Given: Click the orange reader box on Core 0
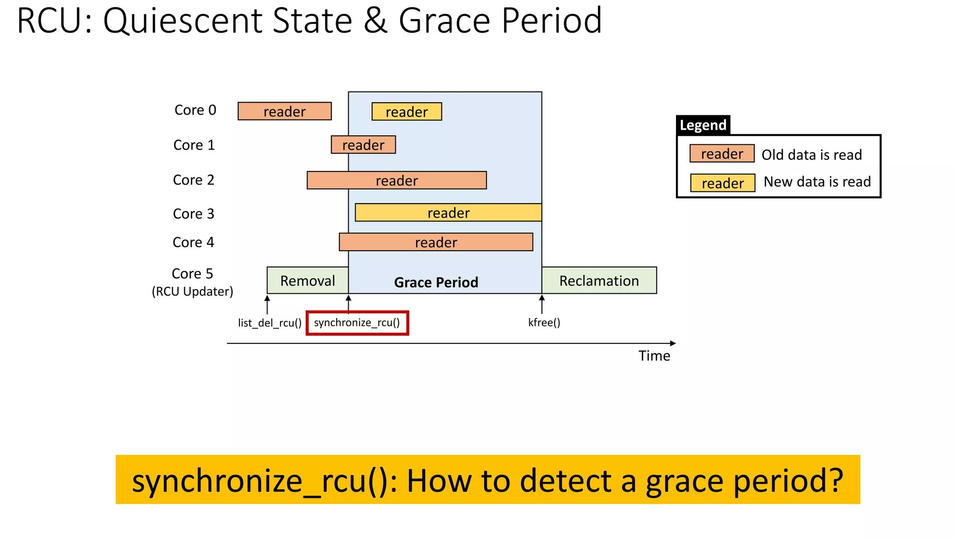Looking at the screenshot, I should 284,111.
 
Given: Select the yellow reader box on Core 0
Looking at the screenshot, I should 407,112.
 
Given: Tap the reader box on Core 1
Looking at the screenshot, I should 363,145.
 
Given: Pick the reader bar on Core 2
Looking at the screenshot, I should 396,180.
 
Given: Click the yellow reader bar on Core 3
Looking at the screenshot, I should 448,212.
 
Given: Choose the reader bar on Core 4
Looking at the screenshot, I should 436,242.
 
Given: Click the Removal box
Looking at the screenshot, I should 307,280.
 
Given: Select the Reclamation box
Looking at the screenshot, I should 599,280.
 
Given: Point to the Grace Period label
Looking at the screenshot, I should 436,282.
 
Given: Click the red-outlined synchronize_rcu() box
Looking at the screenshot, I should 357,323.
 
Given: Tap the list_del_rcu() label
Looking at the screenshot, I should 269,323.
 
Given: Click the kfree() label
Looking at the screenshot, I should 544,322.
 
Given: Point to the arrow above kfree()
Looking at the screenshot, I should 541,304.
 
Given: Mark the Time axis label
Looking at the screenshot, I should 654,356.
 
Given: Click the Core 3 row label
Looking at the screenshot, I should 193,213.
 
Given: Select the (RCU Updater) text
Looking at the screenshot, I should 192,291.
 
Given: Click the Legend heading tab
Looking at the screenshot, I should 703,125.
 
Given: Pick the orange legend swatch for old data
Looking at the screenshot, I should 722,154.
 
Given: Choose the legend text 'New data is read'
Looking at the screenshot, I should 817,182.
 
